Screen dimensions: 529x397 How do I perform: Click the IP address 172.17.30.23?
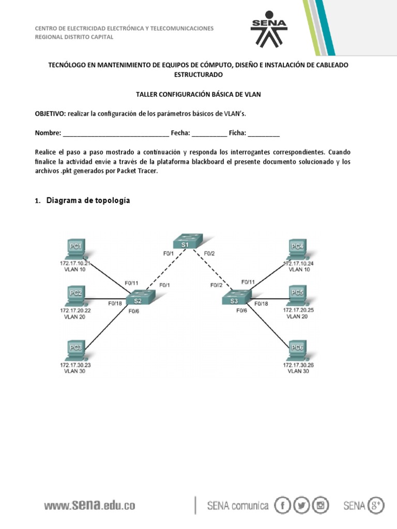(x=75, y=364)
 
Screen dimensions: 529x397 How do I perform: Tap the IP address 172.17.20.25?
(x=298, y=310)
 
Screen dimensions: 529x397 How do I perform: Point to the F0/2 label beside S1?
(x=209, y=253)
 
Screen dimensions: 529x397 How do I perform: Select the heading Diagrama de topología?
(x=88, y=200)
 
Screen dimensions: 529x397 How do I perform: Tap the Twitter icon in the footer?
(x=302, y=505)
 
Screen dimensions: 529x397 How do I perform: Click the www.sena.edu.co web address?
(x=89, y=505)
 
